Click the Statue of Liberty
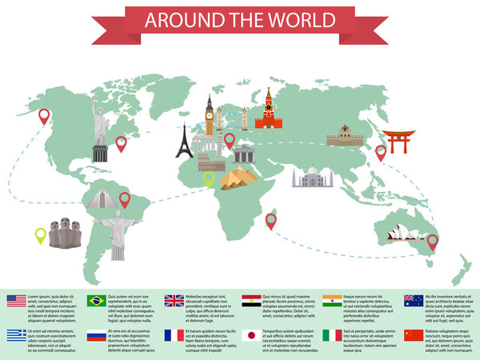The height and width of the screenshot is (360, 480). [x=100, y=128]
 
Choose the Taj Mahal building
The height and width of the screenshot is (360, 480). [x=311, y=177]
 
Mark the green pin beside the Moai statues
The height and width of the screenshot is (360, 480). [x=40, y=235]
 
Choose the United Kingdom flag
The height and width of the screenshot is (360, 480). [x=174, y=301]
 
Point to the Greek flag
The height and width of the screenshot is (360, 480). [x=17, y=335]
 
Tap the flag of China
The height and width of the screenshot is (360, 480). [x=414, y=335]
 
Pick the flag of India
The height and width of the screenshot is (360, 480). [x=332, y=301]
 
